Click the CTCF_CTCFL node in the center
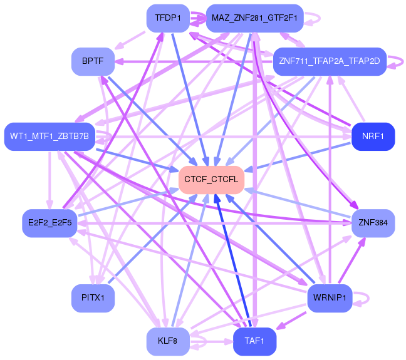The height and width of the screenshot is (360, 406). point(211,180)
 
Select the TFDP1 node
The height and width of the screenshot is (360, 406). point(168,18)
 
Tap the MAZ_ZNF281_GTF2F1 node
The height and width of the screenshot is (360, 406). point(254,18)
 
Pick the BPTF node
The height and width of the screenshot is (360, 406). point(93,61)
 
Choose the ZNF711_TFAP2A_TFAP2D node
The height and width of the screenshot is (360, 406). point(330,61)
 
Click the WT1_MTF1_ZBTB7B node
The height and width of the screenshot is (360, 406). point(49,136)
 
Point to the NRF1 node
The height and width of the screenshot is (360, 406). point(373,136)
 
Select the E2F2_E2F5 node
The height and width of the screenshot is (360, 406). point(49,223)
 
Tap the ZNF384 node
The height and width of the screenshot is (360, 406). point(373,223)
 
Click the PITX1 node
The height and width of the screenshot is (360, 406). point(93,298)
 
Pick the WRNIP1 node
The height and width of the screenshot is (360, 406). point(330,298)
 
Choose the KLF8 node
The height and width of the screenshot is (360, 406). point(168,341)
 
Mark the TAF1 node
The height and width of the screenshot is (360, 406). point(254,341)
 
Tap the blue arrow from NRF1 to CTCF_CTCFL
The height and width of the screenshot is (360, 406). point(298,157)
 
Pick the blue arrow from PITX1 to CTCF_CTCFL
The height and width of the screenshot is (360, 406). point(153,239)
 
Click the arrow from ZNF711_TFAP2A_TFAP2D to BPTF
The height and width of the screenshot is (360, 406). point(194,61)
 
